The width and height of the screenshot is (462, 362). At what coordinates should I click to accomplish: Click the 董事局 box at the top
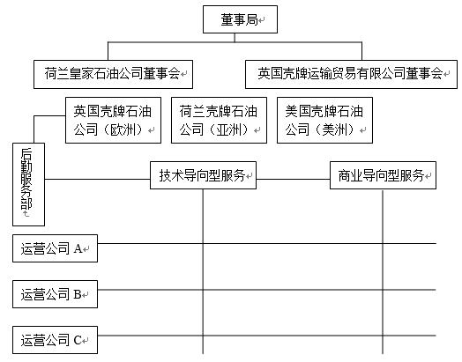pyautogui.click(x=240, y=19)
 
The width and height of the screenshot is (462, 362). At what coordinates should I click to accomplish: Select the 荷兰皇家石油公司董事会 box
pyautogui.click(x=113, y=75)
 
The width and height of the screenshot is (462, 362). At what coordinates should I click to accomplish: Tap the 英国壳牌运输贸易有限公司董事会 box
pyautogui.click(x=351, y=75)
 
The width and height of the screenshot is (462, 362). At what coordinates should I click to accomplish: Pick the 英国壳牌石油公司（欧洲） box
pyautogui.click(x=113, y=121)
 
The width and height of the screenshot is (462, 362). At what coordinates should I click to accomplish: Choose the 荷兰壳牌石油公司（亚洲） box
pyautogui.click(x=219, y=121)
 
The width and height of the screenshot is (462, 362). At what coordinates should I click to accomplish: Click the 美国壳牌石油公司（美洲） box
pyautogui.click(x=324, y=121)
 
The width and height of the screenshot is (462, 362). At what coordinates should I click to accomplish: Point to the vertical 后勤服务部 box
pyautogui.click(x=28, y=185)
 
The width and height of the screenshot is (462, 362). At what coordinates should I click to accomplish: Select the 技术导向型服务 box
pyautogui.click(x=203, y=175)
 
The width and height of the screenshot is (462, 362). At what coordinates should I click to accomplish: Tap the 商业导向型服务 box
pyautogui.click(x=383, y=175)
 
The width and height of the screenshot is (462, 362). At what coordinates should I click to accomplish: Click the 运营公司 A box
pyautogui.click(x=55, y=248)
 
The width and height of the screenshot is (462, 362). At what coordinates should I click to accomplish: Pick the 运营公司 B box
pyautogui.click(x=55, y=294)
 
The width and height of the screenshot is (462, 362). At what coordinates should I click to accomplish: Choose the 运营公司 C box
pyautogui.click(x=55, y=340)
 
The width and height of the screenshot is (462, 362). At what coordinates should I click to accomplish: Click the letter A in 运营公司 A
pyautogui.click(x=78, y=248)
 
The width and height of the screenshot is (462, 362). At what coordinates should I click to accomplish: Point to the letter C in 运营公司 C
pyautogui.click(x=78, y=340)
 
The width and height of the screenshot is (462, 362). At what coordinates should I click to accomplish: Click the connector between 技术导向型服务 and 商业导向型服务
pyautogui.click(x=293, y=179)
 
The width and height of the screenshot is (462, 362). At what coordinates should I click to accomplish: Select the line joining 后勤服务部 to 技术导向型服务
pyautogui.click(x=97, y=179)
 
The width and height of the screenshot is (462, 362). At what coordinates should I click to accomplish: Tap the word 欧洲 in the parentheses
pyautogui.click(x=123, y=129)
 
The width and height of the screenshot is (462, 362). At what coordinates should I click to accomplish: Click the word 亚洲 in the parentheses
pyautogui.click(x=228, y=129)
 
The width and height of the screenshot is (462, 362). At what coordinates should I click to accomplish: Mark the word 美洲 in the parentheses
pyautogui.click(x=334, y=129)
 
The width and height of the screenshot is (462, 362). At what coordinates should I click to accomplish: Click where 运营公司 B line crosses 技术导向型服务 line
pyautogui.click(x=203, y=290)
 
